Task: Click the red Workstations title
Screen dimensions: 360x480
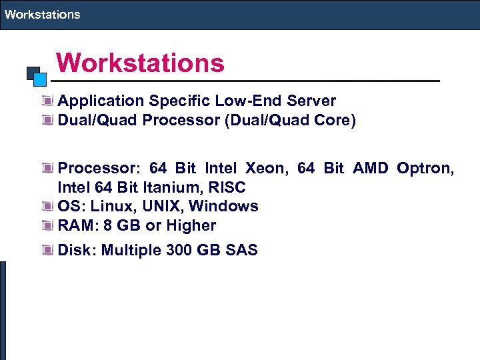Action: [140, 64]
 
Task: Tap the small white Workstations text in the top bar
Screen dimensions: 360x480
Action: [42, 14]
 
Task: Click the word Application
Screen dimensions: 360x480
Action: [101, 101]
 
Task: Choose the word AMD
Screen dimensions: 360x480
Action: [370, 168]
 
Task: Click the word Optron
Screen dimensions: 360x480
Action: [425, 168]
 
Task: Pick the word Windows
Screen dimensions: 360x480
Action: [224, 207]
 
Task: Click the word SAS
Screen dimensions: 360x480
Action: [242, 251]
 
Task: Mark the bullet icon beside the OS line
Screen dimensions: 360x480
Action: [47, 207]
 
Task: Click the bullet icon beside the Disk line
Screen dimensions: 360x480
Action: [47, 251]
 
